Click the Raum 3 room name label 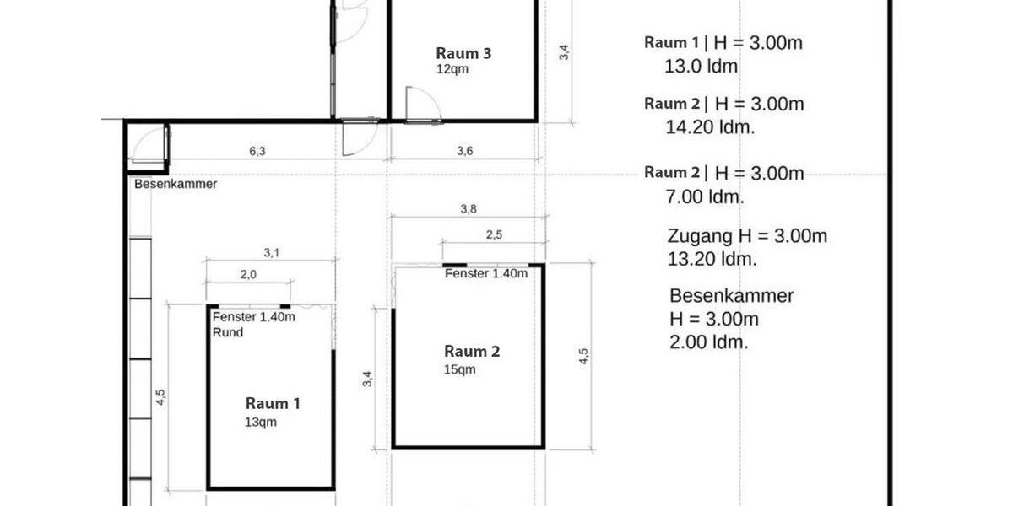pos(463,53)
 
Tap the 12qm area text pos(452,69)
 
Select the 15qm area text pos(459,369)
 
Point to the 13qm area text pos(261,422)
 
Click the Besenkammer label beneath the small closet pos(175,184)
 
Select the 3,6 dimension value pos(464,152)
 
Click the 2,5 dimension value pos(494,235)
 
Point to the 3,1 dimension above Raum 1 pos(271,252)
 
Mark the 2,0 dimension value pos(248,275)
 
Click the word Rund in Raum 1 pos(228,332)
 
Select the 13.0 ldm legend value pos(702,67)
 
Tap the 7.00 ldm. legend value pos(705,197)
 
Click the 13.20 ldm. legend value pos(712,259)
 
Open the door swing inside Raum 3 pos(418,104)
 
